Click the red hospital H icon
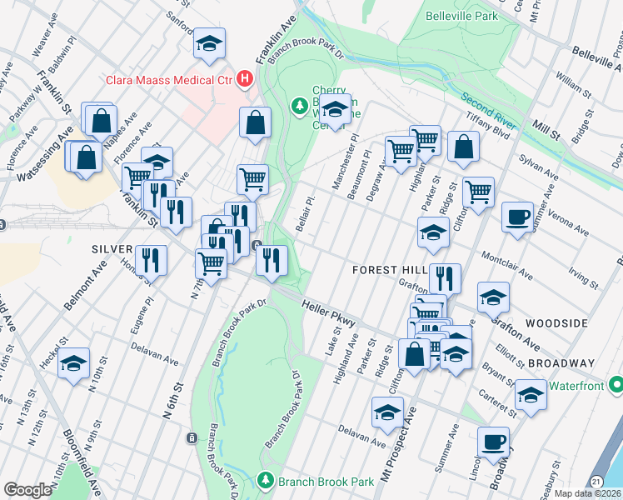tap(244, 79)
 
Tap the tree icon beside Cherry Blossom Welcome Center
tap(299, 106)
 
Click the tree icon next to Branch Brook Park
tap(265, 481)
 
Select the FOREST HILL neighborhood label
tap(389, 270)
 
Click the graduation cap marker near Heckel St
tap(74, 362)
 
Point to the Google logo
tap(27, 490)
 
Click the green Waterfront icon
tap(616, 385)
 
